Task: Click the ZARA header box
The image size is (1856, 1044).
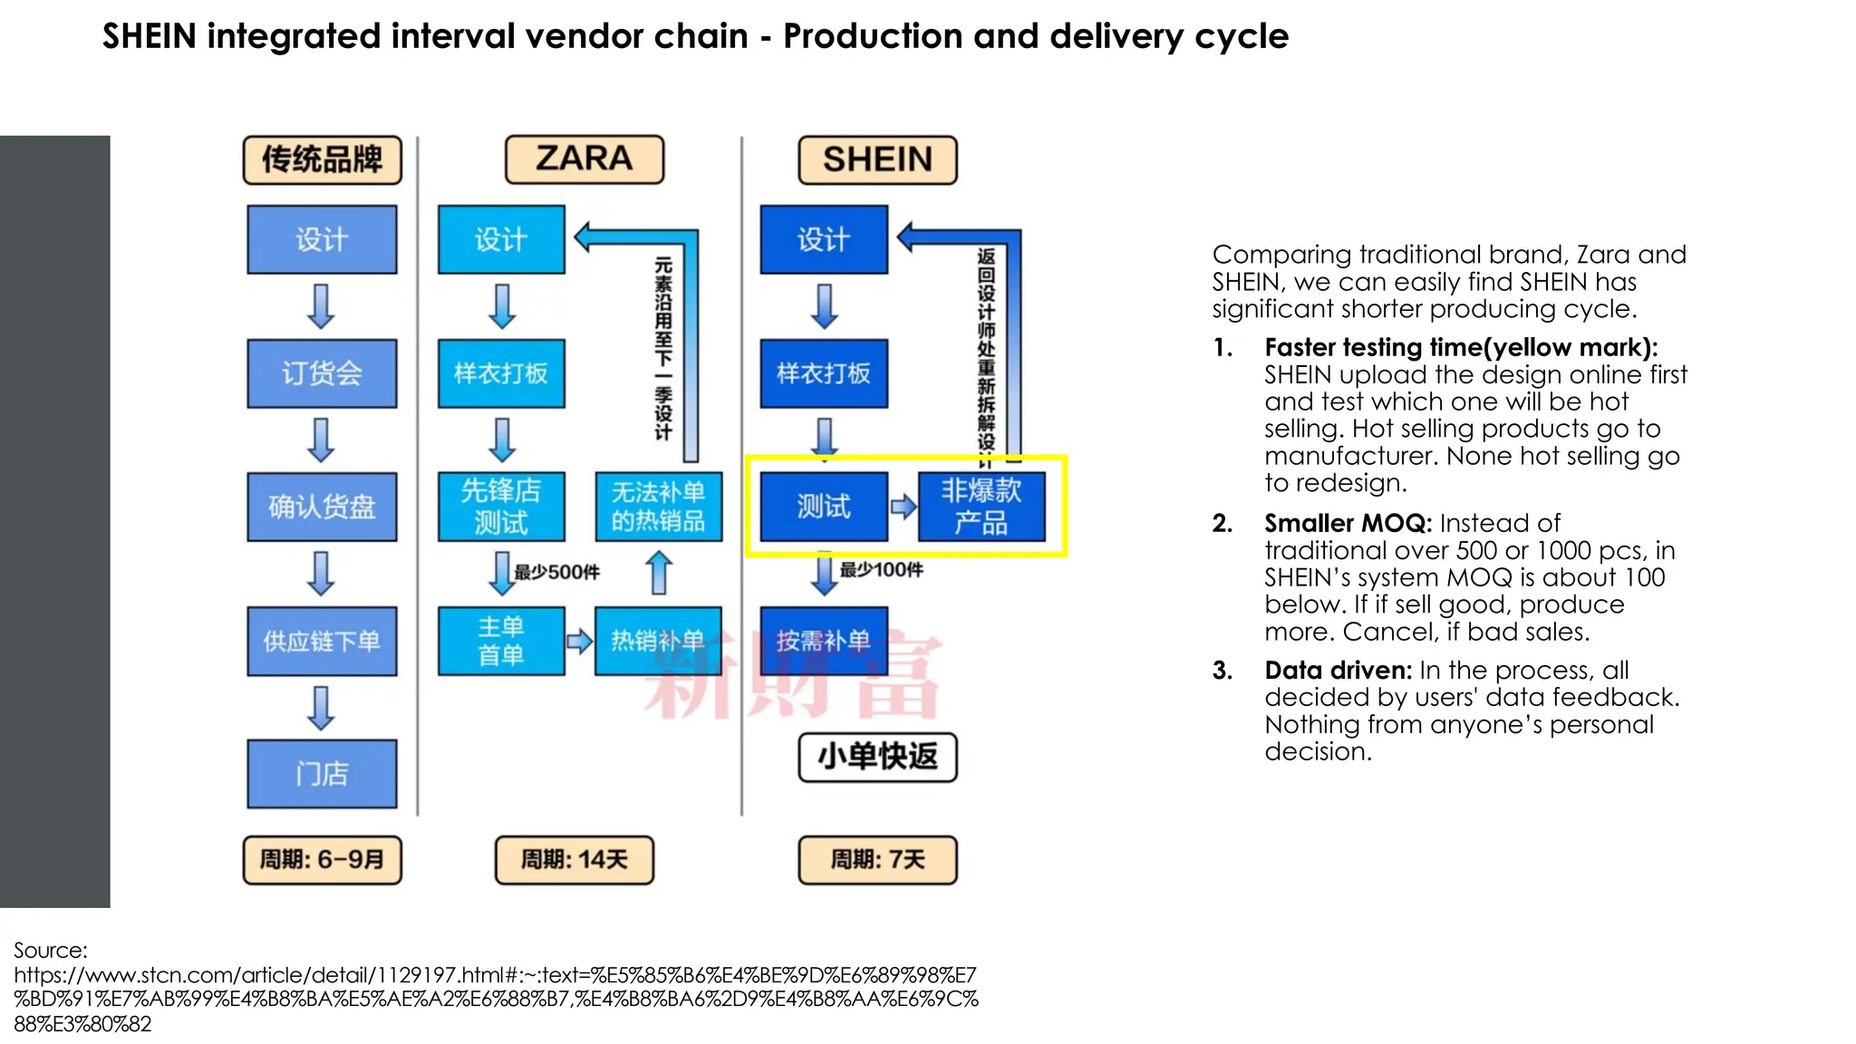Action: pos(585,159)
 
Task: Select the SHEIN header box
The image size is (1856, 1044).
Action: pos(877,160)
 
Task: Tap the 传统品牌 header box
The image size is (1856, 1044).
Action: pos(322,160)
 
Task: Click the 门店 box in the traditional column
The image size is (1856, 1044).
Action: pos(322,773)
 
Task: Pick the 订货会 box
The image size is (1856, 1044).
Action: pos(322,372)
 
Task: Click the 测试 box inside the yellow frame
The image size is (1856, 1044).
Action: pos(823,506)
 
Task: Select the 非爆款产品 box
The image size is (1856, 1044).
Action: pos(981,506)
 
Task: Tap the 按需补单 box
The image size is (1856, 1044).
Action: pos(823,640)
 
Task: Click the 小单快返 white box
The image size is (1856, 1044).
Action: pos(877,757)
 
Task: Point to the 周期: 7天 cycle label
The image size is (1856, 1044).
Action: pos(877,859)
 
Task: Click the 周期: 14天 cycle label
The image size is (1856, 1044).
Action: pos(574,859)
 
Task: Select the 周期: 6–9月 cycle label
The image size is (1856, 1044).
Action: pos(322,859)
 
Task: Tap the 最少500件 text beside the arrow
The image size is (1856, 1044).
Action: pos(556,573)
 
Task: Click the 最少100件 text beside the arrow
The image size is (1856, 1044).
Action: pos(881,570)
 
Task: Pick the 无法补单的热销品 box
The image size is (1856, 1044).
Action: pos(658,506)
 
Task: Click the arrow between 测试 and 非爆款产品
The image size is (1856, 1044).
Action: pos(903,507)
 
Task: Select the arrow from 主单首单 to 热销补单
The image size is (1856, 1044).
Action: pos(579,642)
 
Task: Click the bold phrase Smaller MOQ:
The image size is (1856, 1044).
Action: pos(1348,524)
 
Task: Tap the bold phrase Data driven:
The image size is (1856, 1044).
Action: pos(1338,671)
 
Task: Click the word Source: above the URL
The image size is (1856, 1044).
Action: pos(51,951)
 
